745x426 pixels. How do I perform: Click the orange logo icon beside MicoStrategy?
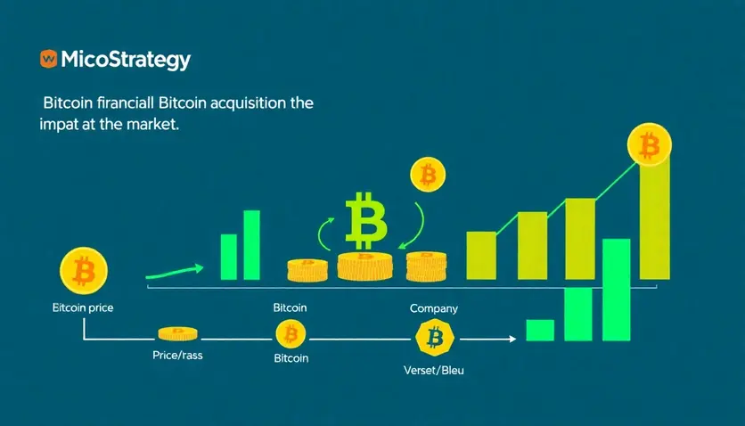pos(48,59)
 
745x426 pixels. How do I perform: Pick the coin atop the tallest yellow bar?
pos(650,143)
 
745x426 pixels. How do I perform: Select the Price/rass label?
pos(177,355)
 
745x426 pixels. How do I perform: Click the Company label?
pos(434,308)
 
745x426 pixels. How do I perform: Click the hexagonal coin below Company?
pos(435,338)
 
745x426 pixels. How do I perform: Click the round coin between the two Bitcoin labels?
pos(290,335)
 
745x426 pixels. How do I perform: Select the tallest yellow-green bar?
pos(654,218)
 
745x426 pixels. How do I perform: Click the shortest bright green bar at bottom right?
pos(540,330)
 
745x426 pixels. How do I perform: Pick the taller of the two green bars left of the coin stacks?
pos(251,243)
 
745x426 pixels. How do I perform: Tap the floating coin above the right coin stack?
pos(427,176)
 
